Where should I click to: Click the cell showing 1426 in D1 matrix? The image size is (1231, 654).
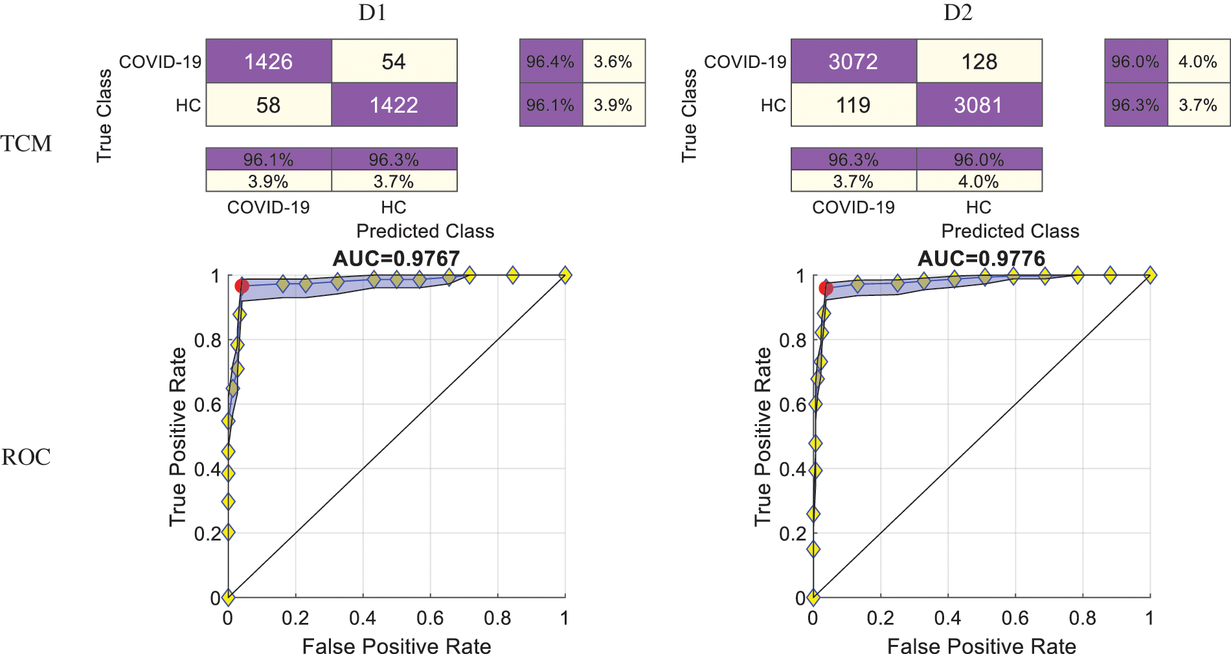pos(268,62)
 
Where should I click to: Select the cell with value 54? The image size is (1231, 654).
pos(394,62)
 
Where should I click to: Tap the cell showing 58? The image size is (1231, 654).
pos(268,105)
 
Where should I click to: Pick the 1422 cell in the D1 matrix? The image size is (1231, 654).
pos(394,105)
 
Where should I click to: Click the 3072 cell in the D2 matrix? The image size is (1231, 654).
pos(853,62)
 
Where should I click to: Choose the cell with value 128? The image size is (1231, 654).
pos(979,62)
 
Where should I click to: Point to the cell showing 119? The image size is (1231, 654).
pos(853,105)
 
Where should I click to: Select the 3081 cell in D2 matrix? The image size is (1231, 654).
pos(978,105)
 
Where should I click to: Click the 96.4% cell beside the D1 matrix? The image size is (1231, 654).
pos(550,62)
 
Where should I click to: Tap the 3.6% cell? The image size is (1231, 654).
pos(613,62)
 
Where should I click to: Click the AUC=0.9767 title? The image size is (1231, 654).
pos(396,259)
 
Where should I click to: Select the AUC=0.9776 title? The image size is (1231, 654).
pos(981,259)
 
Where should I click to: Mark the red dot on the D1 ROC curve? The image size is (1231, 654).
pos(242,286)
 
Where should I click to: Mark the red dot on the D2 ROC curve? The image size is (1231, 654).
pos(826,288)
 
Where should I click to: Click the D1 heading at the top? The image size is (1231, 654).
pos(372,13)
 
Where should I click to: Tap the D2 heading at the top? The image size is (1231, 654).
pos(958,13)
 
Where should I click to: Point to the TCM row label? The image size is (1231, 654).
pos(26,144)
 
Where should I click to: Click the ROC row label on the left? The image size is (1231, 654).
pos(26,457)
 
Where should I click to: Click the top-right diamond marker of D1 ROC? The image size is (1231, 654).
pos(565,275)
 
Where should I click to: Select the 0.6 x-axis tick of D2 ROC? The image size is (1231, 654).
pos(1015,618)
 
